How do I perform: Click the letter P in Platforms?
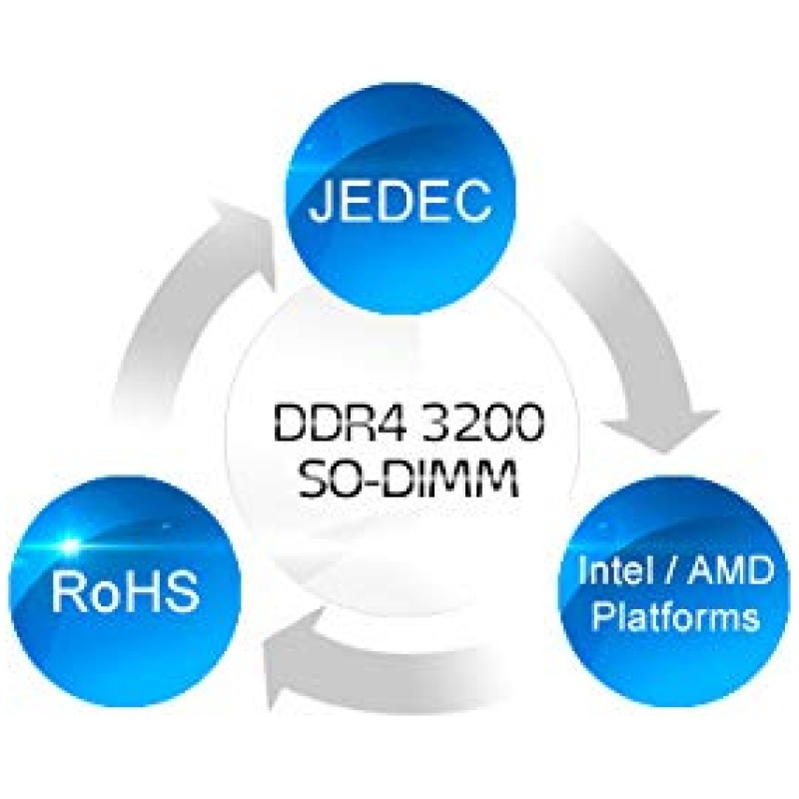(603, 616)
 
